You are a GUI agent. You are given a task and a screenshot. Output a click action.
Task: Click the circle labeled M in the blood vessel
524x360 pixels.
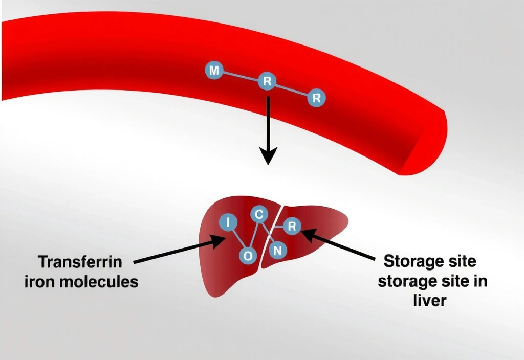[x=214, y=71]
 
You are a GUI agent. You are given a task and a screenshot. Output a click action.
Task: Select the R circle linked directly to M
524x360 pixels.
[x=267, y=81]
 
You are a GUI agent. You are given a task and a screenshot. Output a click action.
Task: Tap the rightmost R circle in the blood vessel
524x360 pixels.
[x=317, y=97]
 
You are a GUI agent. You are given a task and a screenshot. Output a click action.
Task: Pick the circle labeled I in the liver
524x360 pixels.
[x=228, y=222]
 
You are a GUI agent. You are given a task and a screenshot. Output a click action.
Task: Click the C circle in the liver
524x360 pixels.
[x=259, y=215]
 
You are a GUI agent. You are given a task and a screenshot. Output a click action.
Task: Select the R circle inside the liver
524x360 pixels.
[x=292, y=226]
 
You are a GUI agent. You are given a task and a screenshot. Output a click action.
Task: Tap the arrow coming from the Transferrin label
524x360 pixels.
[x=179, y=251]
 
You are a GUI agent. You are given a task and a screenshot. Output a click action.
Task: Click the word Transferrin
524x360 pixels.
[x=80, y=262]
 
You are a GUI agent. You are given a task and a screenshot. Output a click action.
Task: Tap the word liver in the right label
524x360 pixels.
[x=430, y=300]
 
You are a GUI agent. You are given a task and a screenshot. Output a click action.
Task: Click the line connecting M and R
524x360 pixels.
[x=240, y=76]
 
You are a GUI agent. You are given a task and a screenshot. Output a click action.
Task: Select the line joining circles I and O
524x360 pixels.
[x=237, y=238]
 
